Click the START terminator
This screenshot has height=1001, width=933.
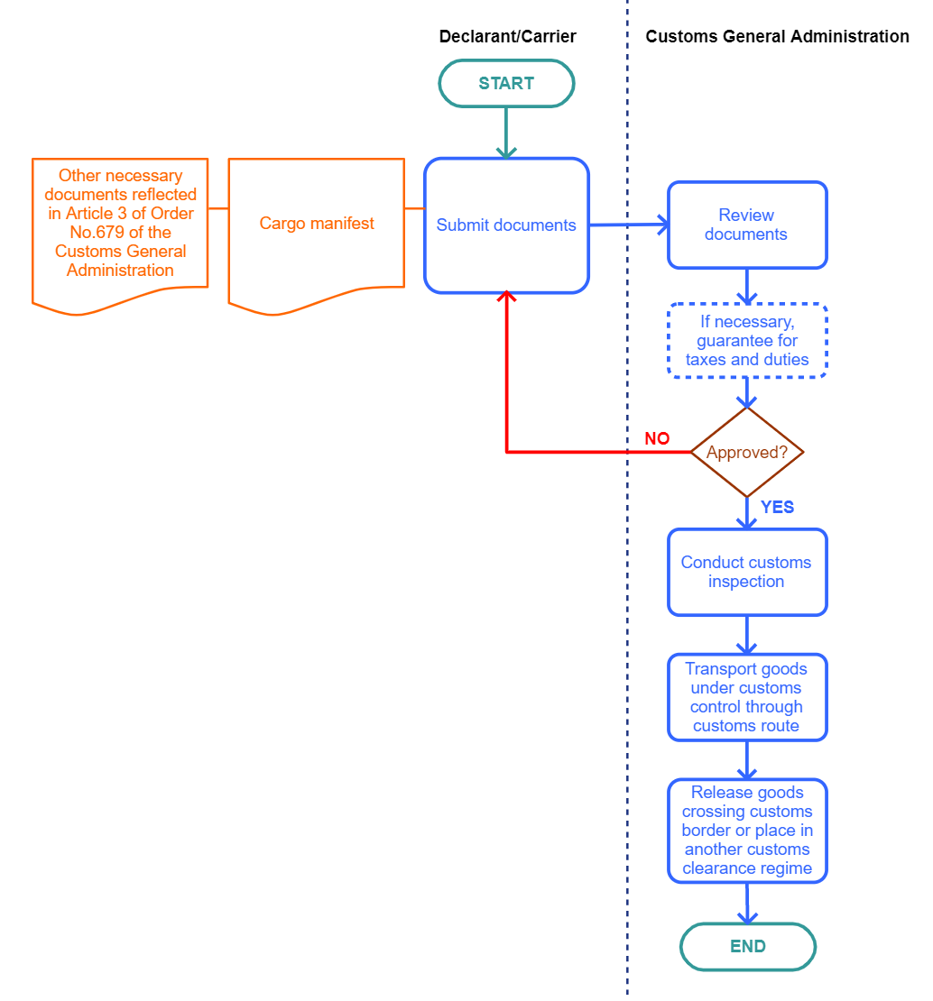click(506, 84)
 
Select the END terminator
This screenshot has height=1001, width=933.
click(747, 947)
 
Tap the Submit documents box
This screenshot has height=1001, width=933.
click(506, 225)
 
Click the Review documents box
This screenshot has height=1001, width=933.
click(746, 225)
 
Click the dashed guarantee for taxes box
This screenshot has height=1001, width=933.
click(747, 341)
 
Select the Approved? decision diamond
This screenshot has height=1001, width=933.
click(746, 452)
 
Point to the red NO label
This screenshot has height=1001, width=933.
click(657, 439)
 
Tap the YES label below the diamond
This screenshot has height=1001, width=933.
click(777, 508)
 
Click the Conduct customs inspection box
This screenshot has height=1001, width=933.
click(746, 572)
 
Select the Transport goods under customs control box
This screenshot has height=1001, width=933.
click(746, 697)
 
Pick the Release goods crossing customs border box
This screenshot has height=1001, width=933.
click(746, 831)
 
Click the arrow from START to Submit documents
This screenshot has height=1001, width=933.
click(506, 132)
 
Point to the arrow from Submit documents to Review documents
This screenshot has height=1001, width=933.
click(628, 225)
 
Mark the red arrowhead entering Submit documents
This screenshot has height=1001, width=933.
click(506, 298)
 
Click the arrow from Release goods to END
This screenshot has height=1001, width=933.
click(747, 903)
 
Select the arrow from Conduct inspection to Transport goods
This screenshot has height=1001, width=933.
click(747, 635)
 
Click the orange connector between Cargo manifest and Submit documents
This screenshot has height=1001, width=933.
click(414, 208)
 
